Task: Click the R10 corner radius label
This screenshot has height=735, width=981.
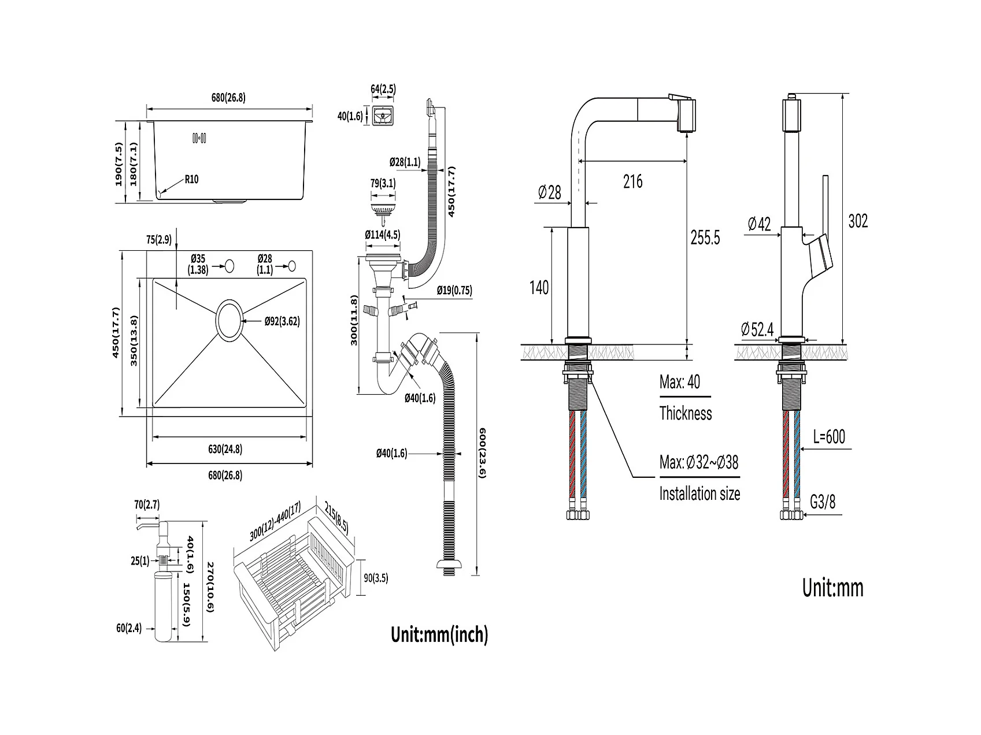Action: [191, 179]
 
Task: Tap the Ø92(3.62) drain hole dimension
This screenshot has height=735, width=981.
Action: [282, 321]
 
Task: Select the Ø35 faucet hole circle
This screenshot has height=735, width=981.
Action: [229, 266]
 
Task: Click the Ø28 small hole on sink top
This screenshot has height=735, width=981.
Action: [291, 266]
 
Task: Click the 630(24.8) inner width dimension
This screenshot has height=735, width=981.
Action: [225, 448]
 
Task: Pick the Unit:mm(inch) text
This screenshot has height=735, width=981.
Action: [439, 634]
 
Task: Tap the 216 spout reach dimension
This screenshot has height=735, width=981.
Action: [633, 181]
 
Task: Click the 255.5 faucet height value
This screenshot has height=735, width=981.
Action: [705, 237]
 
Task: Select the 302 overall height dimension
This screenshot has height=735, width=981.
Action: [858, 221]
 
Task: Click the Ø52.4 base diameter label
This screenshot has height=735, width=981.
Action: [758, 329]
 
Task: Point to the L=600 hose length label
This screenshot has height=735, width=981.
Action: [828, 436]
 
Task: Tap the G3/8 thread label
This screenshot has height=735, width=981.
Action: [823, 502]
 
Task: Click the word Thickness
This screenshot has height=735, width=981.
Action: [686, 413]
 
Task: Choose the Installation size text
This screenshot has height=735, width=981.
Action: [699, 493]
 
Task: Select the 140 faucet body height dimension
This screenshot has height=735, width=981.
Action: [539, 287]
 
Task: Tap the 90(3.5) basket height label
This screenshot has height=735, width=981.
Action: [376, 577]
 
